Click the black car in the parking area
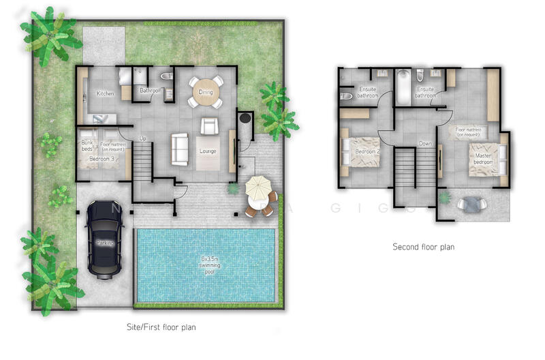(x=104, y=240)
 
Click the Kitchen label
(x=105, y=93)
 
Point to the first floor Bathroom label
(x=150, y=90)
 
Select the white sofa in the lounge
(x=181, y=148)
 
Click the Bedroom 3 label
(x=103, y=159)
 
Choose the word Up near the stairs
(x=142, y=138)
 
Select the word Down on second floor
(x=425, y=144)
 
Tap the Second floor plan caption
(x=423, y=247)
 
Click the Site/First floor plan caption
(x=162, y=327)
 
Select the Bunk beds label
(x=87, y=145)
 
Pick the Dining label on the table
(x=205, y=92)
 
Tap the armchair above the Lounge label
(x=209, y=125)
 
